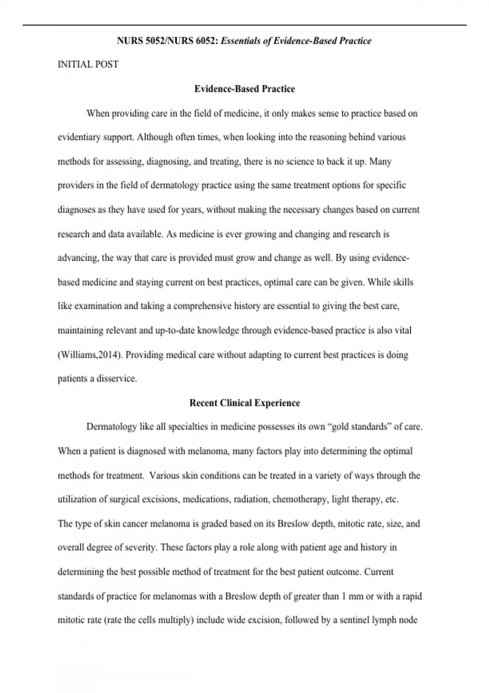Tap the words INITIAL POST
tap(88, 64)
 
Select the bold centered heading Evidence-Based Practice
tap(244, 89)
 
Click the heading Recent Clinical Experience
tap(244, 403)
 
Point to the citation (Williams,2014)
tap(90, 355)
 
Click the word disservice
tap(116, 379)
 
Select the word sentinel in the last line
tap(354, 620)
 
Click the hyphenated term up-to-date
tap(175, 330)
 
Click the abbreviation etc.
tap(392, 499)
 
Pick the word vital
tap(403, 330)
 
